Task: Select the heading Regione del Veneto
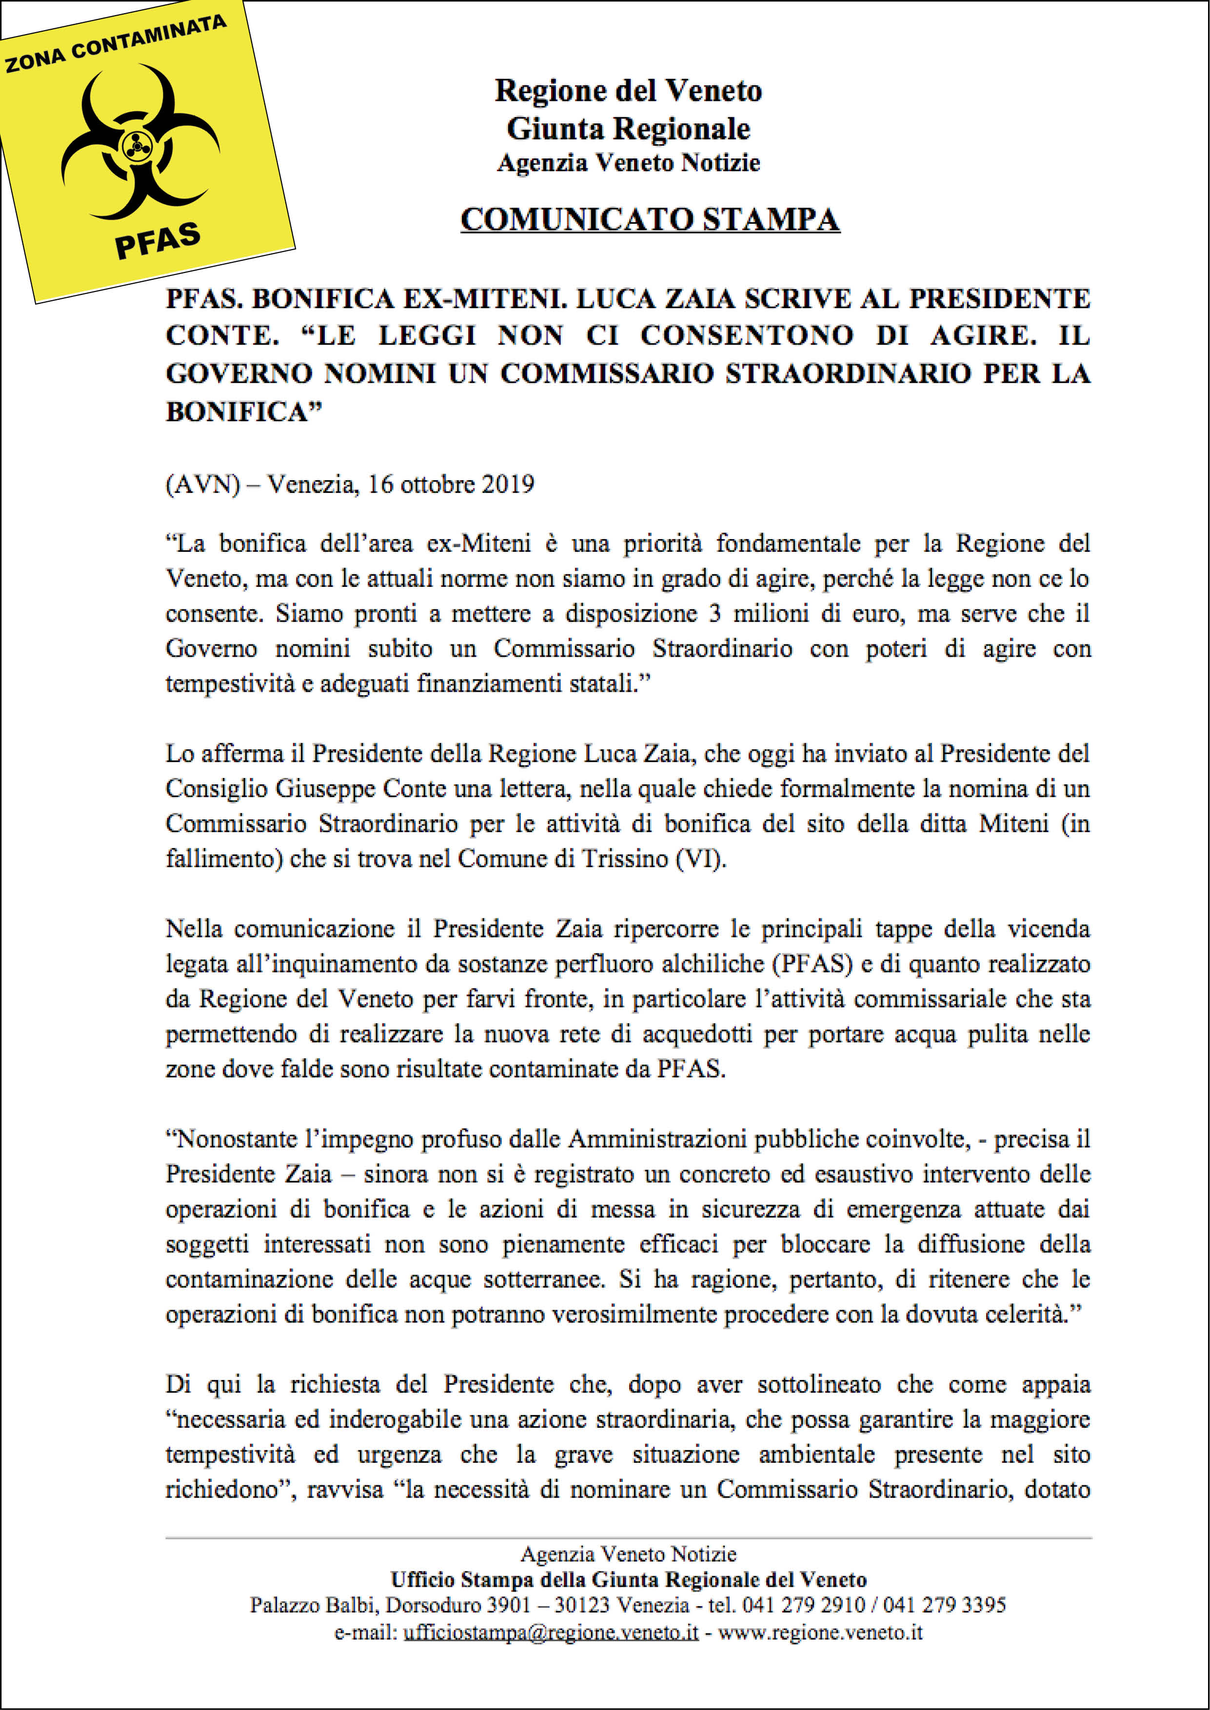coord(628,91)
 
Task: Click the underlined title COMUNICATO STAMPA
coord(650,220)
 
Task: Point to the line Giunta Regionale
coord(628,129)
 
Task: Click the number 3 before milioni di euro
coord(714,614)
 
